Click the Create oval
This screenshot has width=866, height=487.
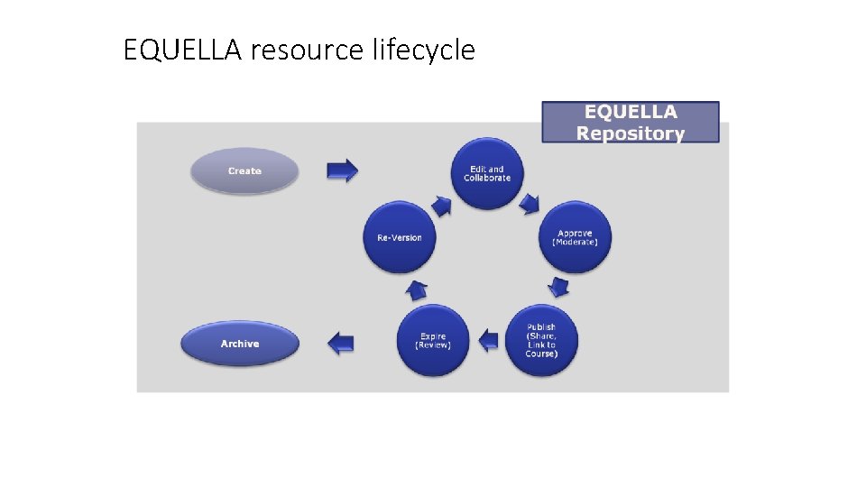point(244,170)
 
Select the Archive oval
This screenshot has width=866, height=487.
point(240,344)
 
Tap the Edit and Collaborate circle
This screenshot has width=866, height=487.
point(487,173)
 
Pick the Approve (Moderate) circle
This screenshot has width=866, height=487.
point(575,237)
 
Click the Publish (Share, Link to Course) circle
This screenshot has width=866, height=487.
point(541,341)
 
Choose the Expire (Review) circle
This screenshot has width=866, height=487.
point(433,341)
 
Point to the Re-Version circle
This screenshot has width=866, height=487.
point(400,237)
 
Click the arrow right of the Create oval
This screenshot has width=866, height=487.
point(342,170)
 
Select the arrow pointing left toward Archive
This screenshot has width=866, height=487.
point(340,343)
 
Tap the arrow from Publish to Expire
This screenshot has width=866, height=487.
point(488,340)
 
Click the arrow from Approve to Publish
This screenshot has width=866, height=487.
point(559,288)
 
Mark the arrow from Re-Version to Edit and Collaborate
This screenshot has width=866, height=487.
point(441,206)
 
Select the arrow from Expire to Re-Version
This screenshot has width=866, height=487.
point(417,289)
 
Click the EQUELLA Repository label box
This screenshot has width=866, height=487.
point(631,123)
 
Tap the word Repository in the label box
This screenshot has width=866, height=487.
point(631,133)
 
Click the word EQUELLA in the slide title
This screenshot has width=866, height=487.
point(182,51)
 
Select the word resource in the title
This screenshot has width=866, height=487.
point(308,51)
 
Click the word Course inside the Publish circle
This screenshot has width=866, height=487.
point(542,354)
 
